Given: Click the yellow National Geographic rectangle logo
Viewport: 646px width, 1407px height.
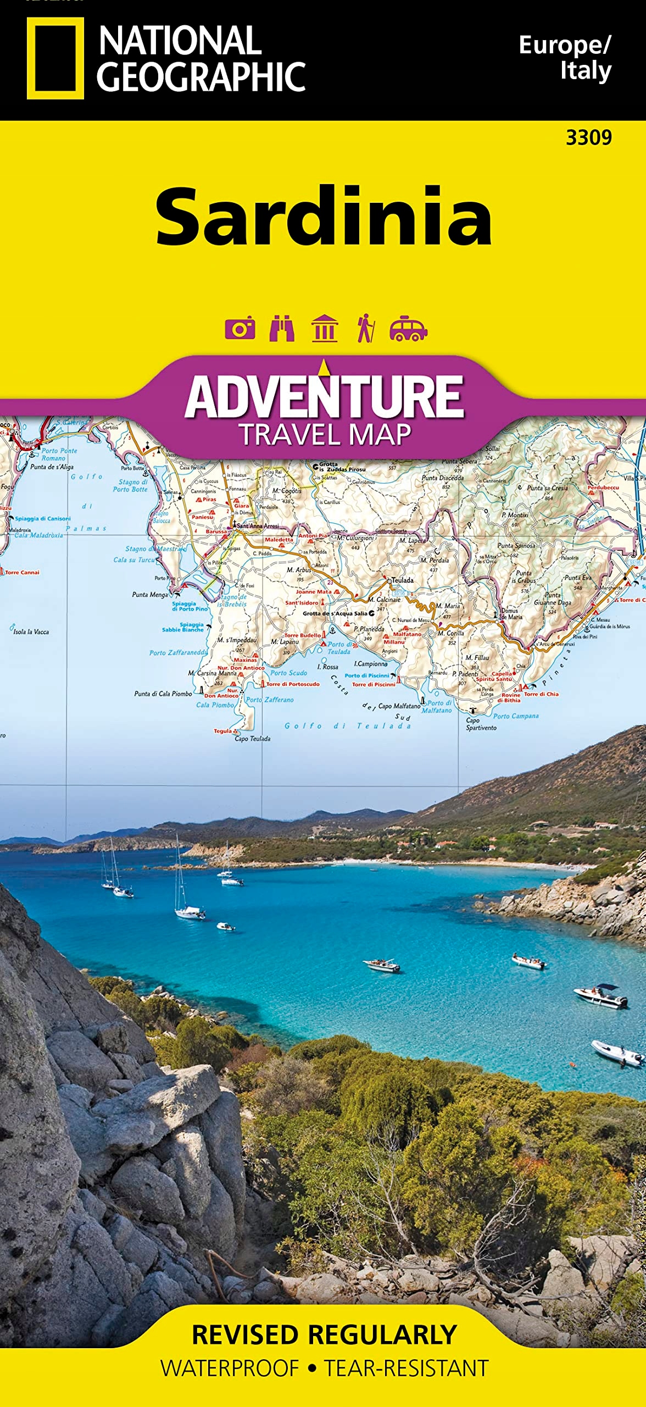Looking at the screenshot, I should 55,58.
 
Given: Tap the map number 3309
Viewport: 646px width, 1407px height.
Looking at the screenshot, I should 588,137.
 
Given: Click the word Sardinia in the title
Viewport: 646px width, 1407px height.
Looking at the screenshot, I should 324,217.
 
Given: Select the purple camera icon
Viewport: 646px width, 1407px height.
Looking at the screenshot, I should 240,329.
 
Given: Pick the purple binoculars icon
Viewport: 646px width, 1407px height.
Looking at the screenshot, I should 282,328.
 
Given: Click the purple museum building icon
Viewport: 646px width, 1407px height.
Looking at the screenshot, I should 324,328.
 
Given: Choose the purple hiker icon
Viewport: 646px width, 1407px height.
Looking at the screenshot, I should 365,328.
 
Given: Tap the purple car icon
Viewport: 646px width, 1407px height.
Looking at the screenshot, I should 408,329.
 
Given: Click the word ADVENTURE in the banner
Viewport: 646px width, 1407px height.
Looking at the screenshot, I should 324,397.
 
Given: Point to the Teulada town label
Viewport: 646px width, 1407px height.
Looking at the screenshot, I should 402,580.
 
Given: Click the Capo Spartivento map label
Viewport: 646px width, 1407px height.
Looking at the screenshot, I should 481,724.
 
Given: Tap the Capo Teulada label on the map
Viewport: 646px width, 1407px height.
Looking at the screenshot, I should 252,739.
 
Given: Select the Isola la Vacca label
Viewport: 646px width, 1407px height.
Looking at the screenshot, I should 31,632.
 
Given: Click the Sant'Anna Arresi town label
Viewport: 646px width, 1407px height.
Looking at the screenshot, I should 257,526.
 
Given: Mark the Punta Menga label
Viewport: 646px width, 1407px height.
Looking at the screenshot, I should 150,595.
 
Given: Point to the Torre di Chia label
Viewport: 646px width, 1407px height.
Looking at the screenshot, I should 541,694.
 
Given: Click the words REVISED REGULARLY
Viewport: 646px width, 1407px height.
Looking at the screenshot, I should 324,1335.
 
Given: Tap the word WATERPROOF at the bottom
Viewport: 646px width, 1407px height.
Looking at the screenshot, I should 230,1369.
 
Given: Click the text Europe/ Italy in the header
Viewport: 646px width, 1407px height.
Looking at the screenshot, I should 566,58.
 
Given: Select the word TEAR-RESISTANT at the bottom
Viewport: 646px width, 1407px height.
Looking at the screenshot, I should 406,1369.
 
